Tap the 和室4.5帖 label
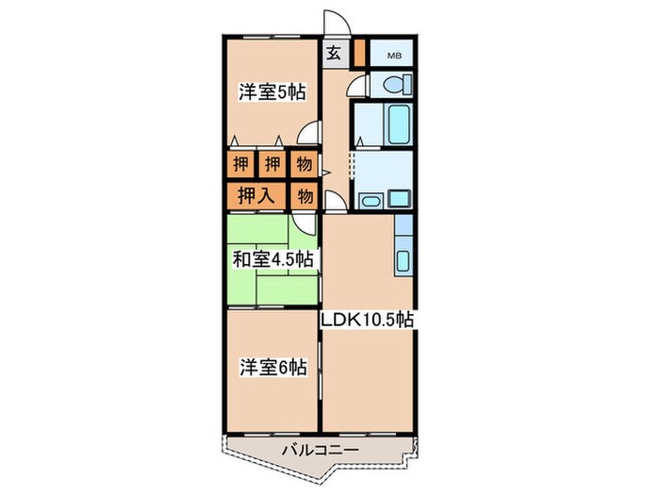(x=272, y=258)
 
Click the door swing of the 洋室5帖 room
(x=309, y=136)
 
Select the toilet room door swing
(x=355, y=86)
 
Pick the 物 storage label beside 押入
(x=304, y=196)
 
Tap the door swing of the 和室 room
(x=304, y=223)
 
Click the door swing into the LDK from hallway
(x=334, y=201)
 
